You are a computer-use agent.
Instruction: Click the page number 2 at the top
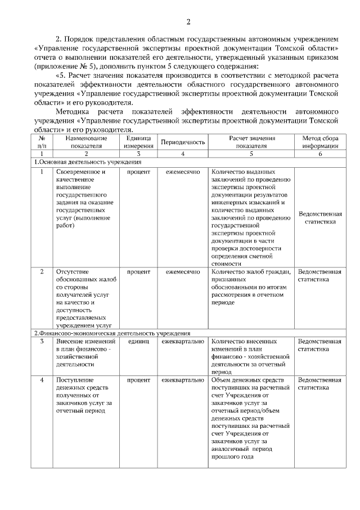click(188, 22)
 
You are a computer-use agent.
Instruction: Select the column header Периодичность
click(183, 142)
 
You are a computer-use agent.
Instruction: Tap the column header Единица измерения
click(138, 142)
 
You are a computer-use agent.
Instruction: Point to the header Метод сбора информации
click(319, 142)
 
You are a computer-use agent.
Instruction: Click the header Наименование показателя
click(86, 142)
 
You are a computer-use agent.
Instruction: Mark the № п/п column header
click(41, 142)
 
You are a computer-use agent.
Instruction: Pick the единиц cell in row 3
click(138, 342)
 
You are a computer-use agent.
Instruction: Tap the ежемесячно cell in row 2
click(183, 272)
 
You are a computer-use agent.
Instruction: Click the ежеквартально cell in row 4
click(183, 380)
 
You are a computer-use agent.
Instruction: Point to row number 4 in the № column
click(41, 380)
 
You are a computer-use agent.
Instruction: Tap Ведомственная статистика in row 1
click(319, 218)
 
